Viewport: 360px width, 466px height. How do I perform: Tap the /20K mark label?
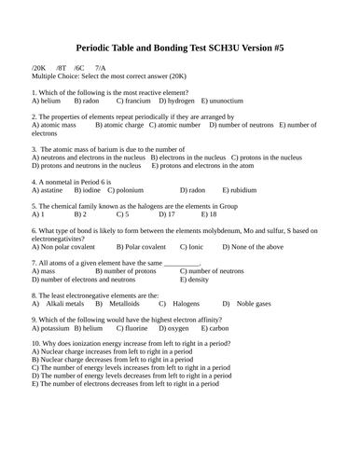pyautogui.click(x=40, y=69)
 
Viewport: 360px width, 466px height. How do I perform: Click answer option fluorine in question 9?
pyautogui.click(x=133, y=328)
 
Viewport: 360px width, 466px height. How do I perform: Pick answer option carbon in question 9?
pyautogui.click(x=217, y=328)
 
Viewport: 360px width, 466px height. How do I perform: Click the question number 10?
pyautogui.click(x=35, y=344)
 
